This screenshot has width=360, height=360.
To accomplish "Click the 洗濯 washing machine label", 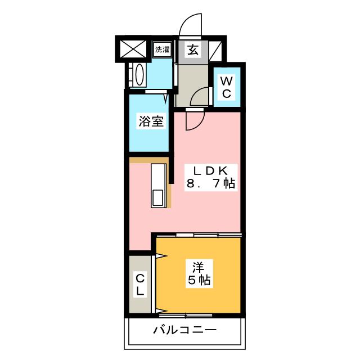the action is (x=163, y=49).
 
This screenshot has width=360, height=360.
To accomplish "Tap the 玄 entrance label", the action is (x=193, y=49).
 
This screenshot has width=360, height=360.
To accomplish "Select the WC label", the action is (x=226, y=87).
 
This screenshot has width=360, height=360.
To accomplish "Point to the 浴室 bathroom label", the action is (x=151, y=121).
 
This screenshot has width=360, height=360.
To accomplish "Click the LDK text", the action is (x=211, y=171).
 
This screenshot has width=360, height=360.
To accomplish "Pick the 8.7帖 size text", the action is (x=211, y=184).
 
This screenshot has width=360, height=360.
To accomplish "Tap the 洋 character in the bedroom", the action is (x=199, y=267).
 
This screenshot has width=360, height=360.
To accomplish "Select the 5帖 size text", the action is (x=199, y=280).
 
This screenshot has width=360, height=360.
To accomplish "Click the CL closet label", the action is (x=140, y=285).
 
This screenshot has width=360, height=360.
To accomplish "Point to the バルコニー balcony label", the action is (x=185, y=330).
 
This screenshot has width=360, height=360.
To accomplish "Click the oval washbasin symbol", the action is (x=139, y=75).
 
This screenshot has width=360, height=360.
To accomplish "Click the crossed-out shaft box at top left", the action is (x=133, y=49).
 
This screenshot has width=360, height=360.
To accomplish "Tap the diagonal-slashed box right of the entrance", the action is (x=215, y=51).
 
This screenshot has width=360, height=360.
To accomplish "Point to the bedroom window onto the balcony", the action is (x=186, y=315).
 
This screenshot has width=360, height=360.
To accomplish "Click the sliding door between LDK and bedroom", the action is (x=209, y=235).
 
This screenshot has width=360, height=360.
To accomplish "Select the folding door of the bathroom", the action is (x=156, y=92).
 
